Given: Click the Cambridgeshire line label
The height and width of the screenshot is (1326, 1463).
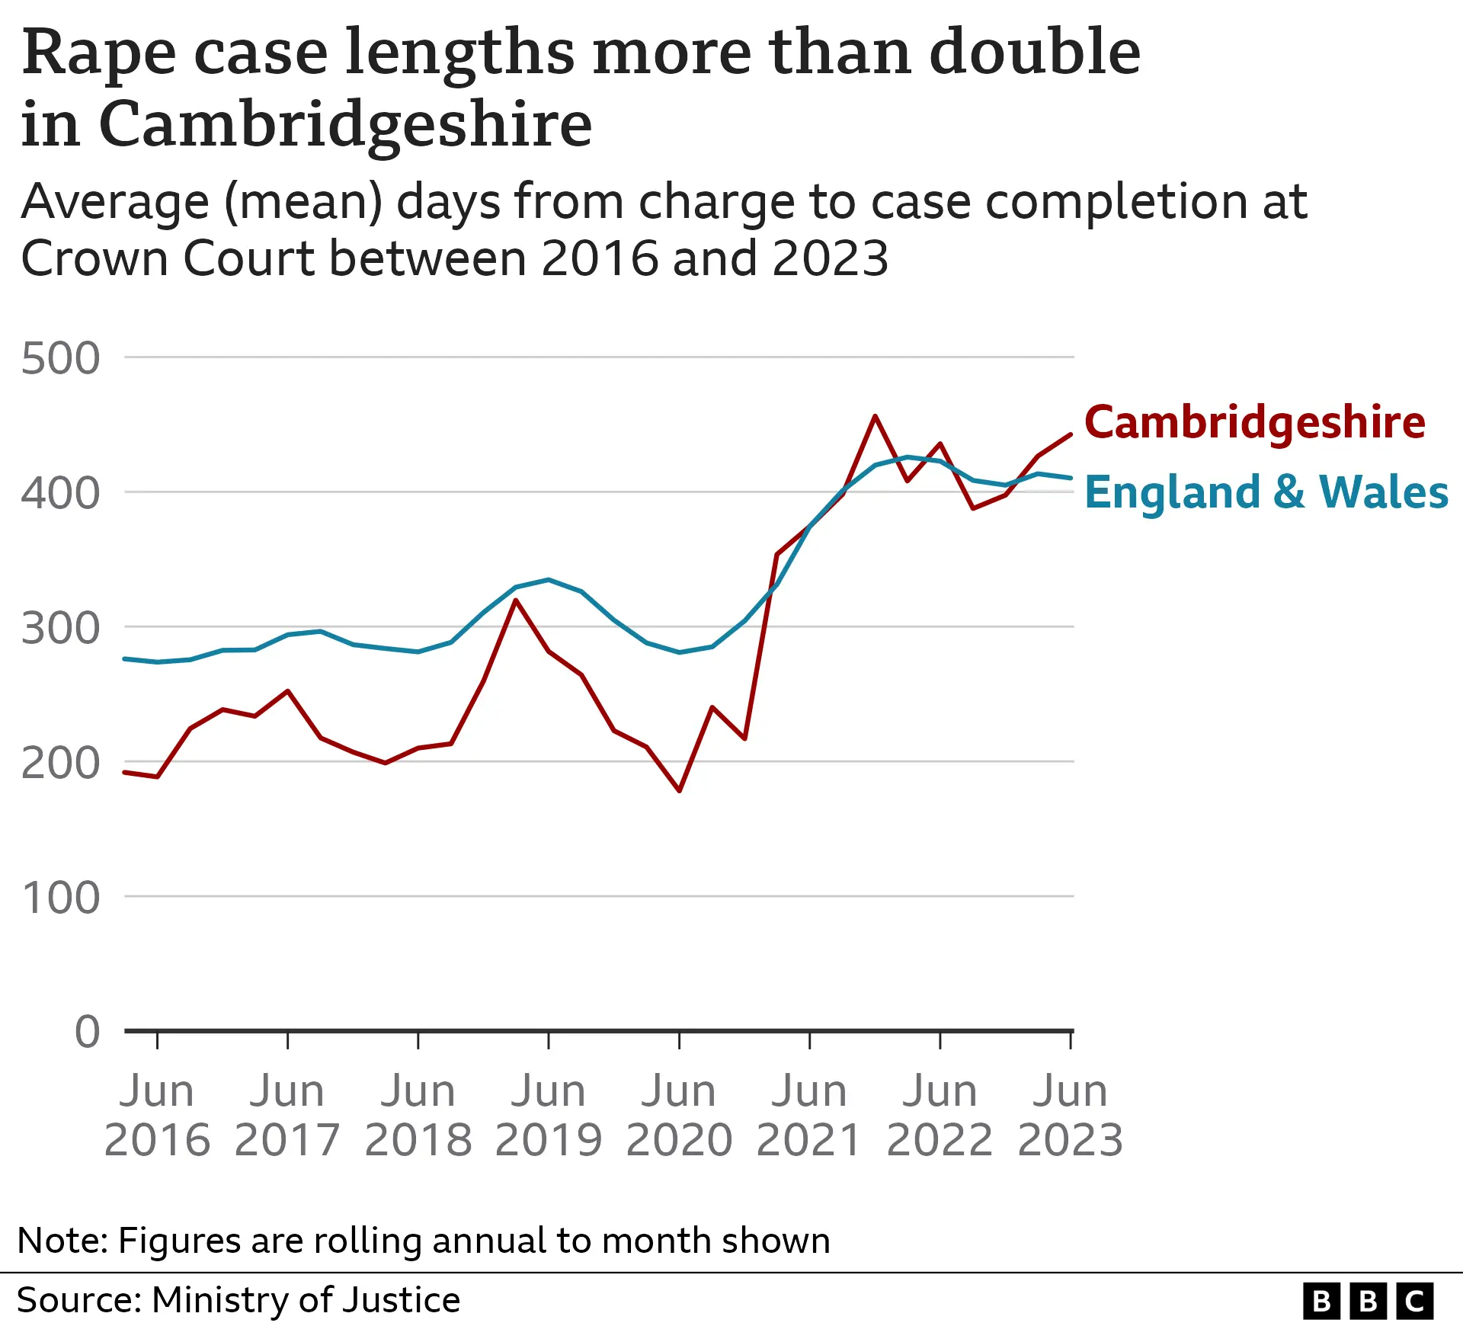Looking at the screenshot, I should click(x=1254, y=423).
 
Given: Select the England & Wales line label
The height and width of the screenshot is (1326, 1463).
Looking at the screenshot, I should click(x=1266, y=492).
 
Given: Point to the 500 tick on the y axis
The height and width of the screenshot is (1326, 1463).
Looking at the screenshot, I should click(x=60, y=358).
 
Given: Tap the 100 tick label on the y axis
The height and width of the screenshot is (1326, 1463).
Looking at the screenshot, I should click(x=60, y=898).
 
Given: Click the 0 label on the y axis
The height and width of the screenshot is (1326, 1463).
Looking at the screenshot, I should click(x=87, y=1032).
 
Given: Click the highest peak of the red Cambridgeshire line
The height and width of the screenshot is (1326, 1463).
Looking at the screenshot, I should click(x=875, y=416).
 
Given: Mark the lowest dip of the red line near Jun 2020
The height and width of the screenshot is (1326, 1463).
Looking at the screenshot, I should click(x=679, y=790).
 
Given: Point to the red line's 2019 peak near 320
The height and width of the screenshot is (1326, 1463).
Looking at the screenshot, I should click(x=516, y=601).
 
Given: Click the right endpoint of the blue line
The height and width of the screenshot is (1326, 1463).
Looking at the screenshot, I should click(x=1071, y=478).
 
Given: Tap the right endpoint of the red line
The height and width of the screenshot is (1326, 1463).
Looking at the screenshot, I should click(x=1071, y=434).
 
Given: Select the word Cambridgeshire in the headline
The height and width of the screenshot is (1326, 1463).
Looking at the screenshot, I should click(x=344, y=124).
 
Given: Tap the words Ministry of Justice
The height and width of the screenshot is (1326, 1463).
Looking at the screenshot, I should click(x=306, y=1300).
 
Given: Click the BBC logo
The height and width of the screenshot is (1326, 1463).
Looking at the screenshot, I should click(x=1367, y=1301).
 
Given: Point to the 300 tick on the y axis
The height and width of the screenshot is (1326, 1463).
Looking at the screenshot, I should click(x=60, y=629).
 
